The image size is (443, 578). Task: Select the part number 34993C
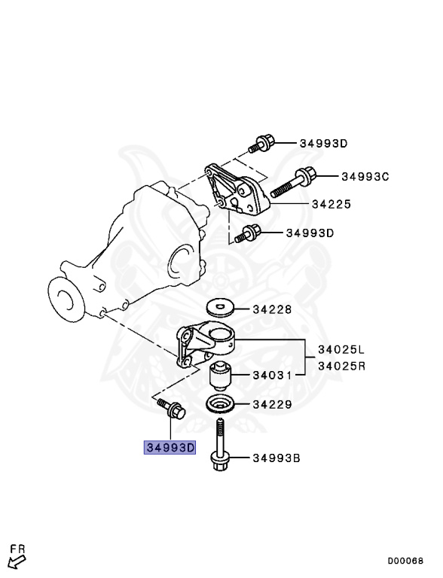(x=365, y=177)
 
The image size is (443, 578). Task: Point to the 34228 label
(x=271, y=309)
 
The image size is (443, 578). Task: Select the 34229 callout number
(x=271, y=404)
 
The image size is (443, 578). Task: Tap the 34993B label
(x=276, y=457)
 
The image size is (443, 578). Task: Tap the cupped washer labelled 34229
(x=220, y=404)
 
